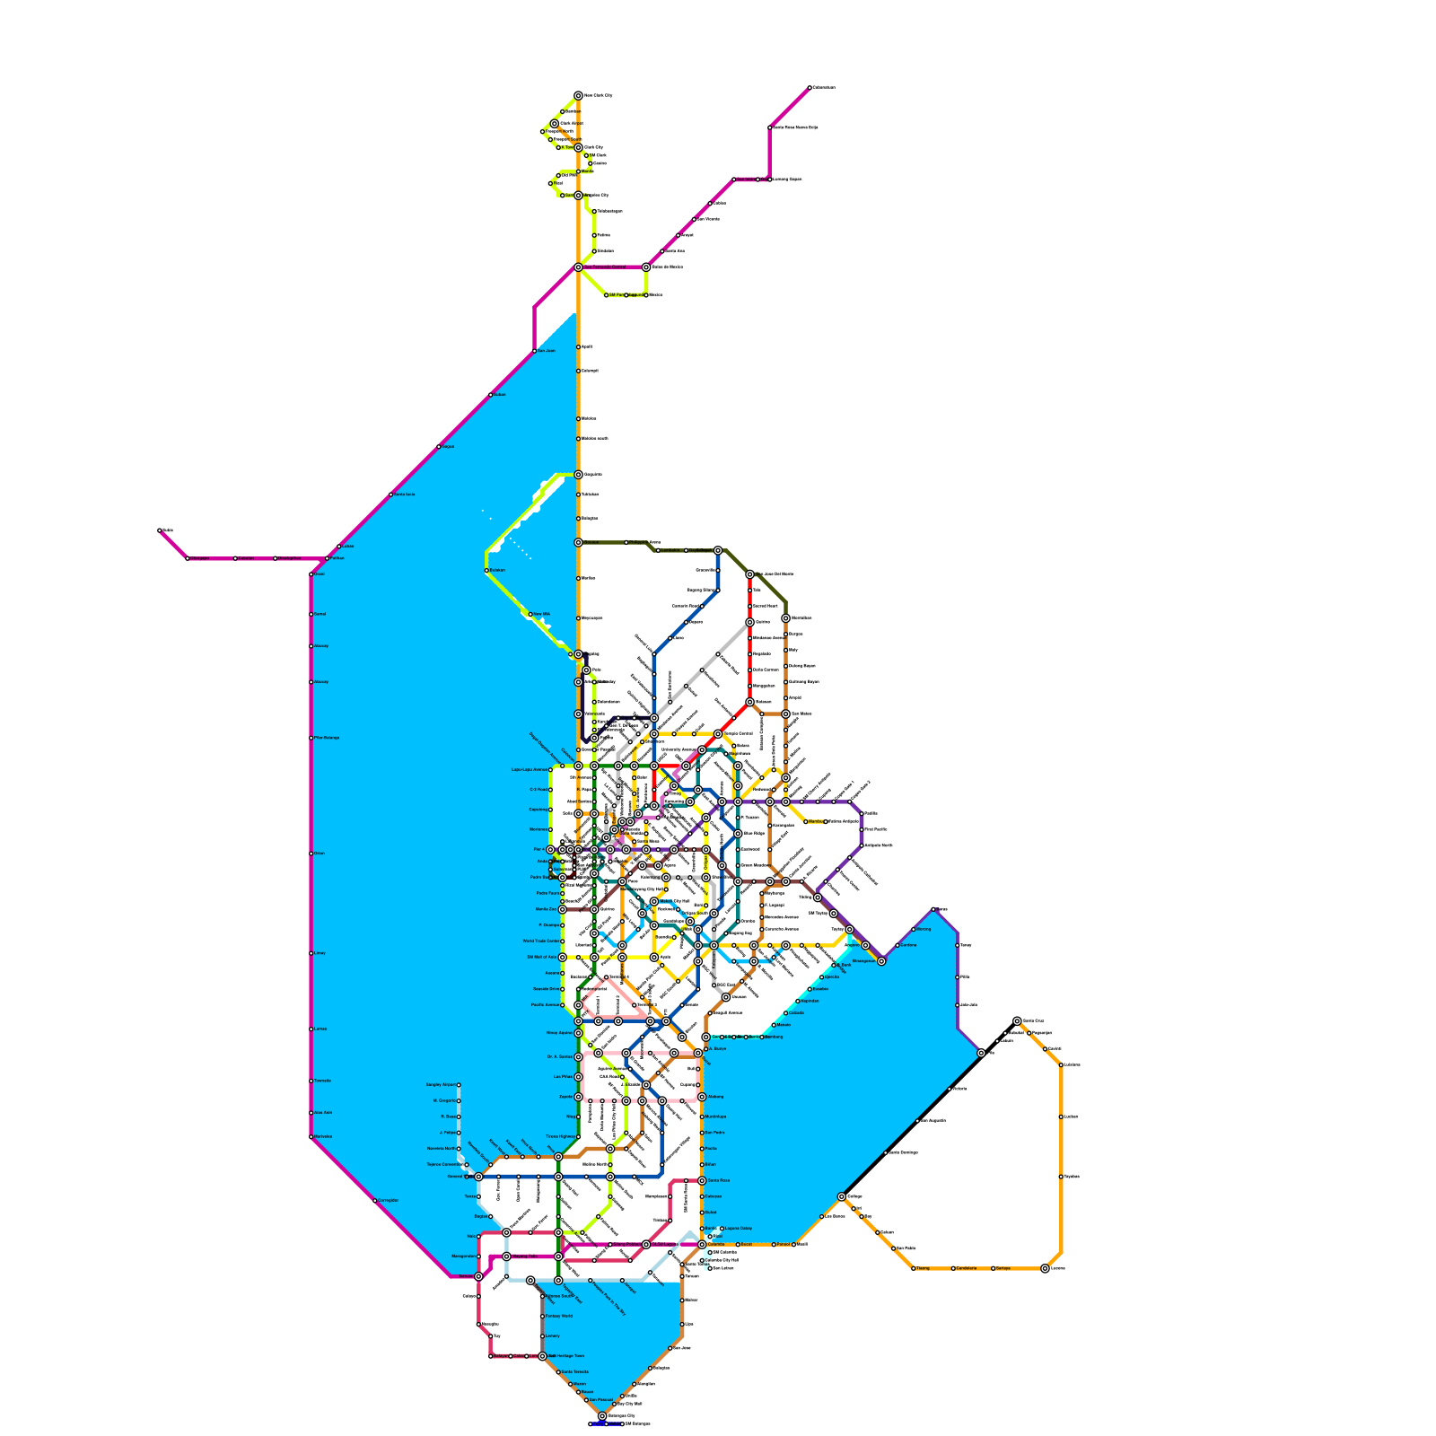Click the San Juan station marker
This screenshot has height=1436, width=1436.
point(535,351)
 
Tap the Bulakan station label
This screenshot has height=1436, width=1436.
point(497,570)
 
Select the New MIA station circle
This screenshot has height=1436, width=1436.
point(530,615)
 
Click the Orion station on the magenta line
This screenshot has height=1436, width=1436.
point(311,854)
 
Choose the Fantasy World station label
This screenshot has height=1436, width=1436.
point(558,1316)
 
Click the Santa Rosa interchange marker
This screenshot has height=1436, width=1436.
point(702,1180)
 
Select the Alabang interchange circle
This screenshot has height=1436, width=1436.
point(702,1097)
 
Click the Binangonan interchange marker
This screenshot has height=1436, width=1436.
point(881,961)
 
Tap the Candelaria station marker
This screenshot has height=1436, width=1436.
point(953,1268)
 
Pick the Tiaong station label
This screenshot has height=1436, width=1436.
point(923,1268)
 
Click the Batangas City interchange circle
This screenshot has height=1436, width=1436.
point(602,1415)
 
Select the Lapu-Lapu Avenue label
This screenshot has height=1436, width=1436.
point(530,770)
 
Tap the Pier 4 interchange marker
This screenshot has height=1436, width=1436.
point(551,849)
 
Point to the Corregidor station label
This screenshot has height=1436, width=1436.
point(388,1200)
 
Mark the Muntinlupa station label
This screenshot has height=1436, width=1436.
point(715,1116)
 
